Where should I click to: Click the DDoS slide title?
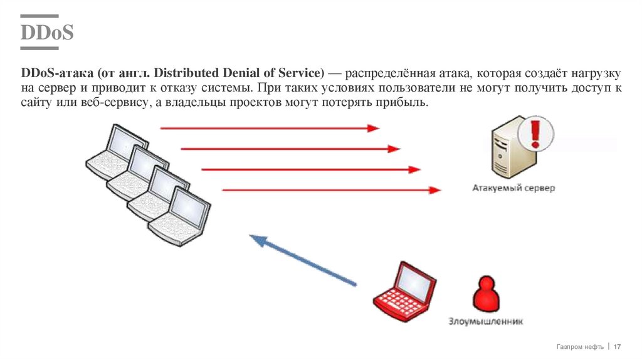pos(47,33)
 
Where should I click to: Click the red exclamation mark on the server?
pos(535,134)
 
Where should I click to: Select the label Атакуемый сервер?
pos(514,188)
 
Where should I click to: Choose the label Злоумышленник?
pos(485,322)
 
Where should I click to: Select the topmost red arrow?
pos(270,128)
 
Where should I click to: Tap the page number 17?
pos(617,347)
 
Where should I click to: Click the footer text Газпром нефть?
pos(580,347)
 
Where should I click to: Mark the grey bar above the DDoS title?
pos(39,16)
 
